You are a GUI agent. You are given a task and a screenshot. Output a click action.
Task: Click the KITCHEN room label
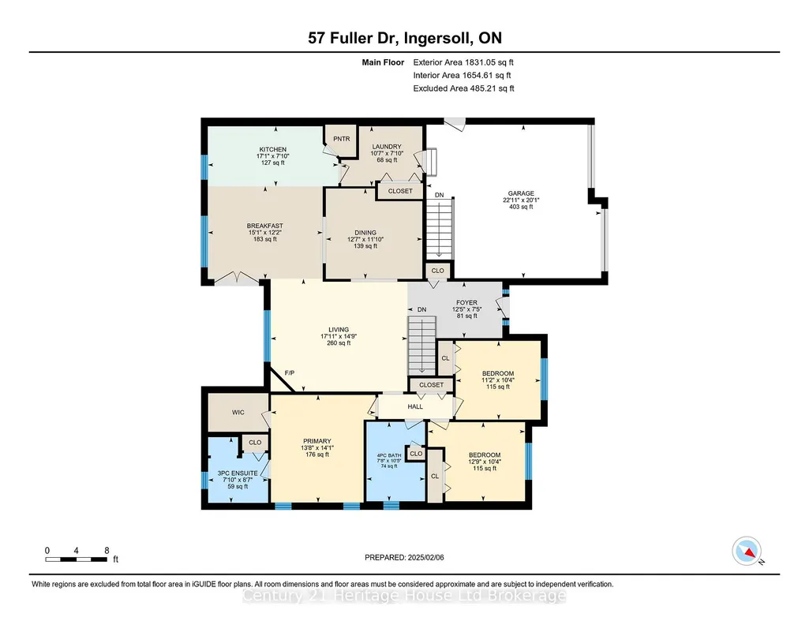coord(273,150)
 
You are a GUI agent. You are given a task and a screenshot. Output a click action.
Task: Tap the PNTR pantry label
coord(342,139)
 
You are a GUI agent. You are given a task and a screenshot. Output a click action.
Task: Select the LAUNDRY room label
coord(387,147)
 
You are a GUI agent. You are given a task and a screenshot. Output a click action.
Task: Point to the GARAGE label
coord(521,193)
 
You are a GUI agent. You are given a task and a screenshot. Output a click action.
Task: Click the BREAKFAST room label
coord(264,226)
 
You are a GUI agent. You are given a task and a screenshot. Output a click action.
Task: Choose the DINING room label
coord(365,233)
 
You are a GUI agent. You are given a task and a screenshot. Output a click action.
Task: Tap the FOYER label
coord(467,303)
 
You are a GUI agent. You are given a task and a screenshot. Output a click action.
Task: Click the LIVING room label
coord(339,330)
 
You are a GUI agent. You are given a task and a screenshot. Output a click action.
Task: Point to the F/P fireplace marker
coord(290,372)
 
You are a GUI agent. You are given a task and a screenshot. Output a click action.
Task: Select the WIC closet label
coord(238,413)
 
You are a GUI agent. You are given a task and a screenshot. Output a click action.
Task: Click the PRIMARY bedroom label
coord(316,441)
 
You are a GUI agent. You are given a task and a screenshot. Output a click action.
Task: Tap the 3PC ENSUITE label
coord(238,473)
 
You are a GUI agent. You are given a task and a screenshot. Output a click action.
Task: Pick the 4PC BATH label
coord(389,455)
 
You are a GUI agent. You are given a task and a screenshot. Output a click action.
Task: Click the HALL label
coord(415,406)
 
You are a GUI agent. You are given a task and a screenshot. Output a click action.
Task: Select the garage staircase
coord(439,228)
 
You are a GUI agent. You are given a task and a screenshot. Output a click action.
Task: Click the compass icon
coord(747,551)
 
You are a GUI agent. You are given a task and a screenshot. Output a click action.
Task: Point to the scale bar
coord(77,560)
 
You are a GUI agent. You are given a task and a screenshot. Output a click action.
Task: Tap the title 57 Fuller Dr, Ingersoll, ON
coord(405,38)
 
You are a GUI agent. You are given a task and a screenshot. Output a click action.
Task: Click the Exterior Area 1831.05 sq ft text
coord(463,62)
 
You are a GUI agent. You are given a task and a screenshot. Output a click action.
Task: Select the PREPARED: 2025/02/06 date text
coord(404,557)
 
